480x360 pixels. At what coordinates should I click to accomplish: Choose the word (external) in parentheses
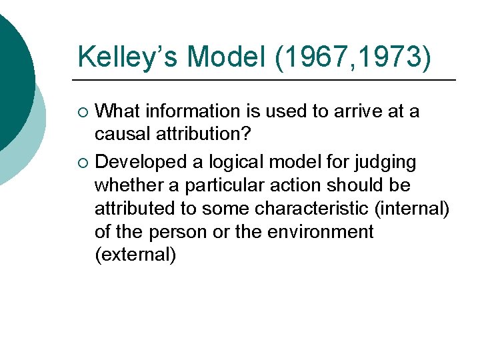136,255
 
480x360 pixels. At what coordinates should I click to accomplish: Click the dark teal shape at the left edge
13,73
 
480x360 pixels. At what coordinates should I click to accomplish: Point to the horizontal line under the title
267,80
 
